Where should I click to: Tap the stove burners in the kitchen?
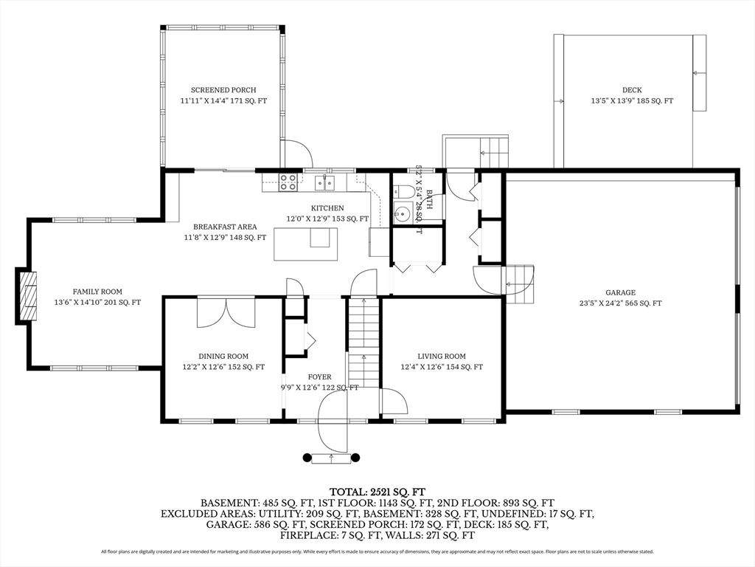pyautogui.click(x=288, y=181)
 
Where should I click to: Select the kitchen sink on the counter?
pyautogui.click(x=325, y=182)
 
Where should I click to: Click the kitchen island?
pyautogui.click(x=305, y=244)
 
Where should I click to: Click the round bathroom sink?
pyautogui.click(x=402, y=214)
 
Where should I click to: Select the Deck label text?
pyautogui.click(x=631, y=90)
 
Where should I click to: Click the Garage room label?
pyautogui.click(x=620, y=292)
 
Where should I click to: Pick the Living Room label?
pyautogui.click(x=442, y=357)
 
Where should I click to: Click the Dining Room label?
pyautogui.click(x=223, y=356)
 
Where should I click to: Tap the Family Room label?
pyautogui.click(x=97, y=292)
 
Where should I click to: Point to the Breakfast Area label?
pyautogui.click(x=225, y=227)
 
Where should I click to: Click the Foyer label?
pyautogui.click(x=319, y=377)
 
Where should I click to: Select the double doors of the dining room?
pyautogui.click(x=226, y=312)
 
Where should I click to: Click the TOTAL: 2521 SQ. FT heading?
pyautogui.click(x=377, y=492)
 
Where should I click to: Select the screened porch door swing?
pyautogui.click(x=297, y=154)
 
